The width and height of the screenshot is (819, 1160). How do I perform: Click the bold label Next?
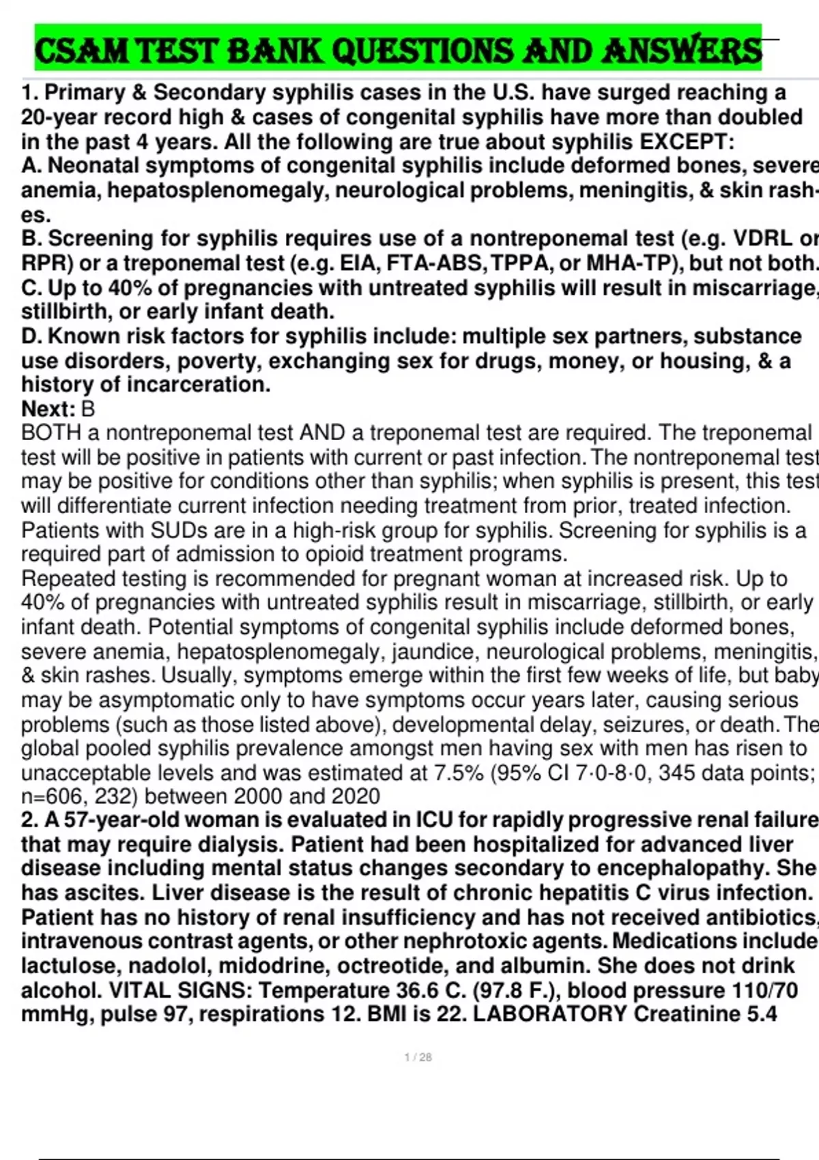pos(48,409)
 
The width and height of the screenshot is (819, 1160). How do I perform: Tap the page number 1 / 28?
pos(418,1057)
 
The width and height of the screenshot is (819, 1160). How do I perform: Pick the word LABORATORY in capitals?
pos(549,1014)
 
